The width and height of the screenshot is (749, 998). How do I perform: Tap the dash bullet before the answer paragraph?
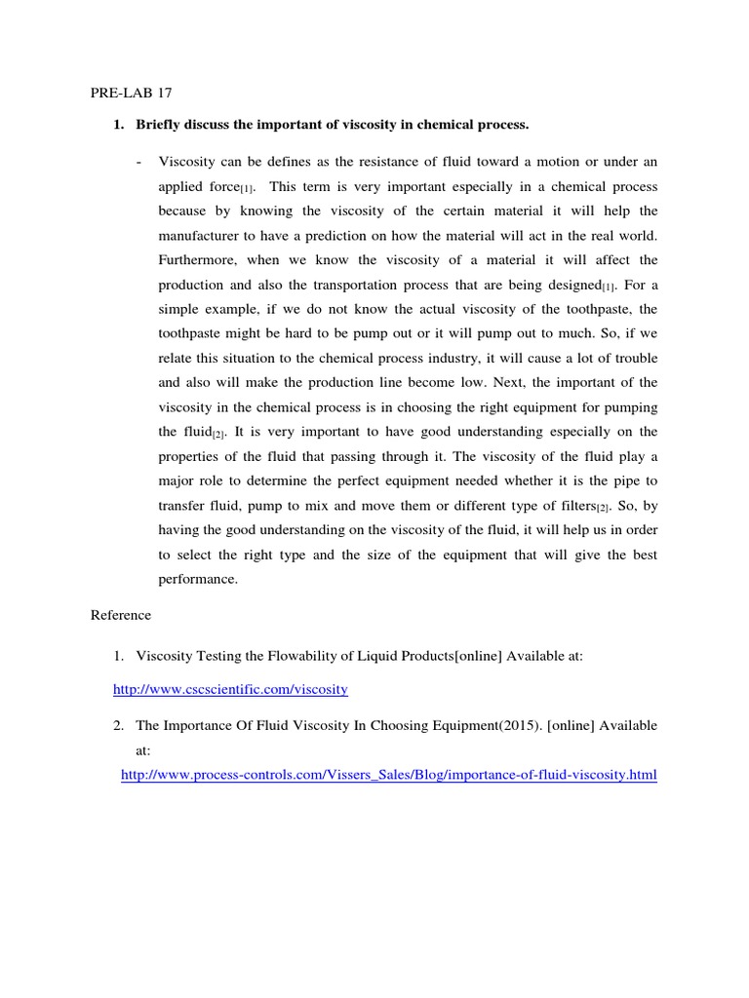pos(139,161)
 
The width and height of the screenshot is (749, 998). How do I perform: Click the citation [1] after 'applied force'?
pos(248,188)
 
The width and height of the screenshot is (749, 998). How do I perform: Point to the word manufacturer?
pos(203,236)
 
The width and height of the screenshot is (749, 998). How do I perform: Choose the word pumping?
pos(629,406)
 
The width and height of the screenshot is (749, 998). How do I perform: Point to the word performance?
pos(199,578)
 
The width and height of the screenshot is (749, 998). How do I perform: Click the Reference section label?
pos(121,615)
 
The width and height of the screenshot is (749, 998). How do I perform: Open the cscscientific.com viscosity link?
pos(230,689)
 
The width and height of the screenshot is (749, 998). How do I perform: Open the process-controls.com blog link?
pos(388,775)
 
